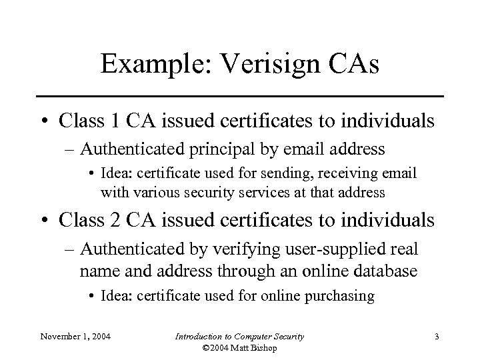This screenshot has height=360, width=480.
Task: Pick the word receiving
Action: pyautogui.click(x=357, y=174)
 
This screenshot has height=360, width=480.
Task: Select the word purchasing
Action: pyautogui.click(x=337, y=296)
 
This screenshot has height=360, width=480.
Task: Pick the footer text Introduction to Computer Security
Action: pyautogui.click(x=239, y=337)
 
